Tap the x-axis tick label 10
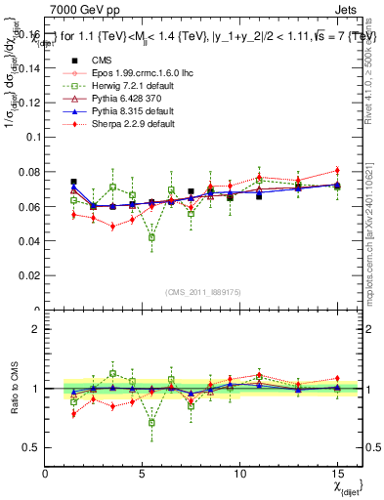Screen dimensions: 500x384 pyautogui.click(x=240, y=475)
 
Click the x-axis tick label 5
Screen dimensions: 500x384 pyautogui.click(x=143, y=475)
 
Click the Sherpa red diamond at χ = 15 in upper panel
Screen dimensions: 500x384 pyautogui.click(x=337, y=171)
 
